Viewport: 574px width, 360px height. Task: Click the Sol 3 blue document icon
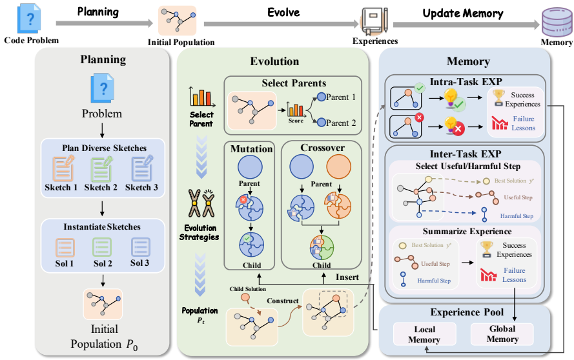141,247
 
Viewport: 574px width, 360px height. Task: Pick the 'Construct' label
282,301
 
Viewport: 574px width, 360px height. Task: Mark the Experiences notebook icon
374,22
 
